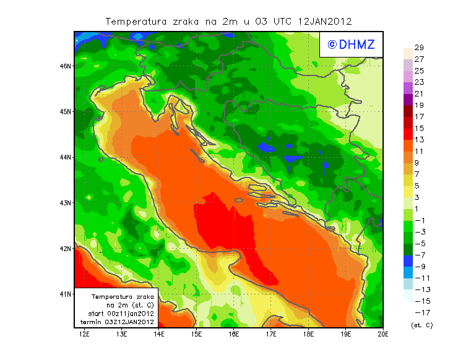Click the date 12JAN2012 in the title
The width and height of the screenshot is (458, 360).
coord(325,21)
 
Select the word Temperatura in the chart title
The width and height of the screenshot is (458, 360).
coord(136,21)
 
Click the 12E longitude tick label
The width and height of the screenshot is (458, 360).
coord(84,334)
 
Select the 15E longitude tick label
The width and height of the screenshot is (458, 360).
coord(197,334)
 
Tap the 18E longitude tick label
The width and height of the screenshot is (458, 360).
coord(309,334)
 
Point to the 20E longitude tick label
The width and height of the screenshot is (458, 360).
coord(383,334)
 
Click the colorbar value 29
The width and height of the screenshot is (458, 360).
coord(418,48)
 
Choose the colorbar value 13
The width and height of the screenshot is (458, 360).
coord(418,139)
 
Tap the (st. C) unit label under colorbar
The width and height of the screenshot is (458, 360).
coord(421,325)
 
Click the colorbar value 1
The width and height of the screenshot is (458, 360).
coord(418,208)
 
